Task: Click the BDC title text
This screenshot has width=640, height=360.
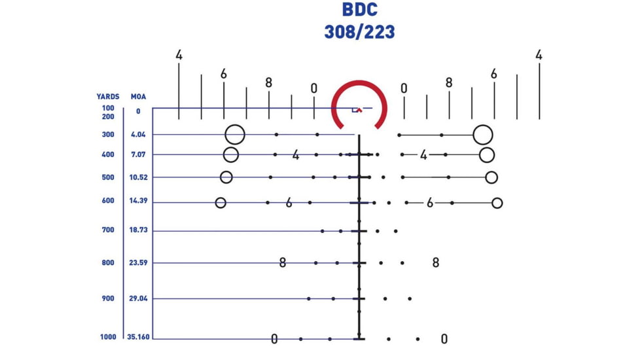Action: pyautogui.click(x=359, y=10)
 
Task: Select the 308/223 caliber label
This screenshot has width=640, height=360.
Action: pyautogui.click(x=359, y=32)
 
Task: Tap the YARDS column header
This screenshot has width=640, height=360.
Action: pyautogui.click(x=108, y=97)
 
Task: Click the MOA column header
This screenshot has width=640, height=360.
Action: pyautogui.click(x=138, y=97)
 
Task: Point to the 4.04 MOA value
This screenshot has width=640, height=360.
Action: pyautogui.click(x=138, y=134)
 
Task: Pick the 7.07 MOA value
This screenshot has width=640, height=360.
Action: pyautogui.click(x=138, y=154)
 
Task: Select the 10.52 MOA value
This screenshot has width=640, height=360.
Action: pyautogui.click(x=138, y=177)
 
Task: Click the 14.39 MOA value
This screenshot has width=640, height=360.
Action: pyautogui.click(x=138, y=200)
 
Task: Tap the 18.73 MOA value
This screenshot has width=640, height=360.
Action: pyautogui.click(x=138, y=230)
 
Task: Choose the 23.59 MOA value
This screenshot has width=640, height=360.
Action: pyautogui.click(x=138, y=262)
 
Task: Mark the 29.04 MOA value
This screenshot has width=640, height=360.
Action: pyautogui.click(x=138, y=298)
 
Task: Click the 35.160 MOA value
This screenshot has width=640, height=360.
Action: pyautogui.click(x=138, y=336)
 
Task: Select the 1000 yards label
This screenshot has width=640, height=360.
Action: pyautogui.click(x=108, y=336)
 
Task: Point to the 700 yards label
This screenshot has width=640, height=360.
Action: pyautogui.click(x=108, y=230)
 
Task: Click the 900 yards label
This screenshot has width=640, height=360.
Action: pyautogui.click(x=108, y=298)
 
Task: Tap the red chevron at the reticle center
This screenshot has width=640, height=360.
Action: pyautogui.click(x=359, y=109)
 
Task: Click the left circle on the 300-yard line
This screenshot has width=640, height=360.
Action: pyautogui.click(x=235, y=125)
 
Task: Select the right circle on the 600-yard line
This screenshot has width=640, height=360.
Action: pyautogui.click(x=497, y=198)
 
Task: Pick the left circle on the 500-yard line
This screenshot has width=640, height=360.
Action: pyautogui.click(x=226, y=171)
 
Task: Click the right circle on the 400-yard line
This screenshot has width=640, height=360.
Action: pyautogui.click(x=487, y=148)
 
